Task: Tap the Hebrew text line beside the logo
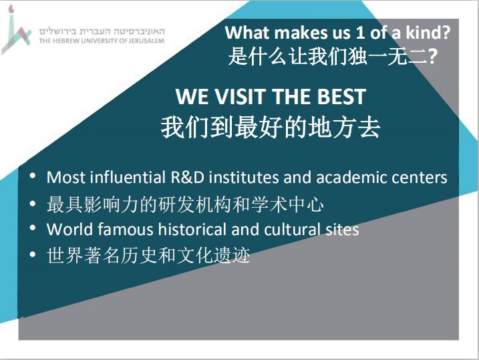(102, 31)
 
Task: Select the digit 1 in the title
(361, 32)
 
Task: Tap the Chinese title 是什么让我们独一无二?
(333, 56)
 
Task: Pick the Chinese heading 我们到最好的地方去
(271, 128)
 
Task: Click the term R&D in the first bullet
(188, 178)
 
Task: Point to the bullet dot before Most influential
(32, 176)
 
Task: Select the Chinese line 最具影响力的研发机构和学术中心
(185, 204)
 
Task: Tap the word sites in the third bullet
(342, 230)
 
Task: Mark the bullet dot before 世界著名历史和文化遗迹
(32, 254)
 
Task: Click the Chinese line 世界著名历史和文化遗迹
(148, 255)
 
